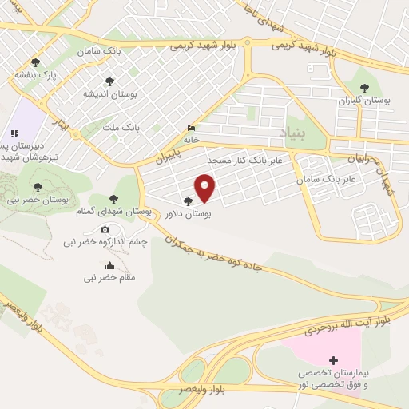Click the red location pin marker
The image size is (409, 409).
tap(206, 188)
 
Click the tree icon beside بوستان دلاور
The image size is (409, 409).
tap(188, 202)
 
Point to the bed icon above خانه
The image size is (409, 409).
tap(190, 128)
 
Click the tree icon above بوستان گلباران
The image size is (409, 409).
tap(364, 88)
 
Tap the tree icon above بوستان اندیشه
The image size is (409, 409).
tap(109, 81)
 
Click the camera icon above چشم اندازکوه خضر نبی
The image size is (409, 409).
tap(105, 230)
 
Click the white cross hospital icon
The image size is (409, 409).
tap(334, 361)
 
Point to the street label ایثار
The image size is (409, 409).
tap(58, 123)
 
